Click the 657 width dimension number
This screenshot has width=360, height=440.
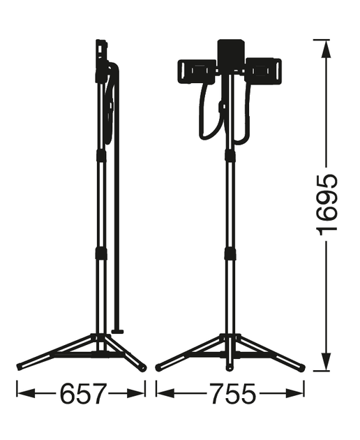click(x=84, y=394)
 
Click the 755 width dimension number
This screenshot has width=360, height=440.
click(x=233, y=394)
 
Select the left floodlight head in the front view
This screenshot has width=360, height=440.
click(x=197, y=71)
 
